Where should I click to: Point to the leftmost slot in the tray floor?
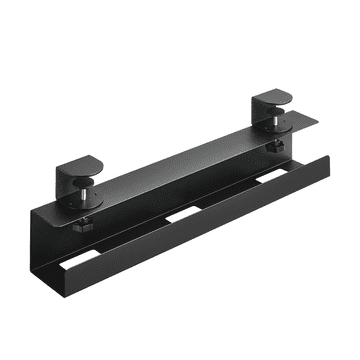click(x=95, y=259)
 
